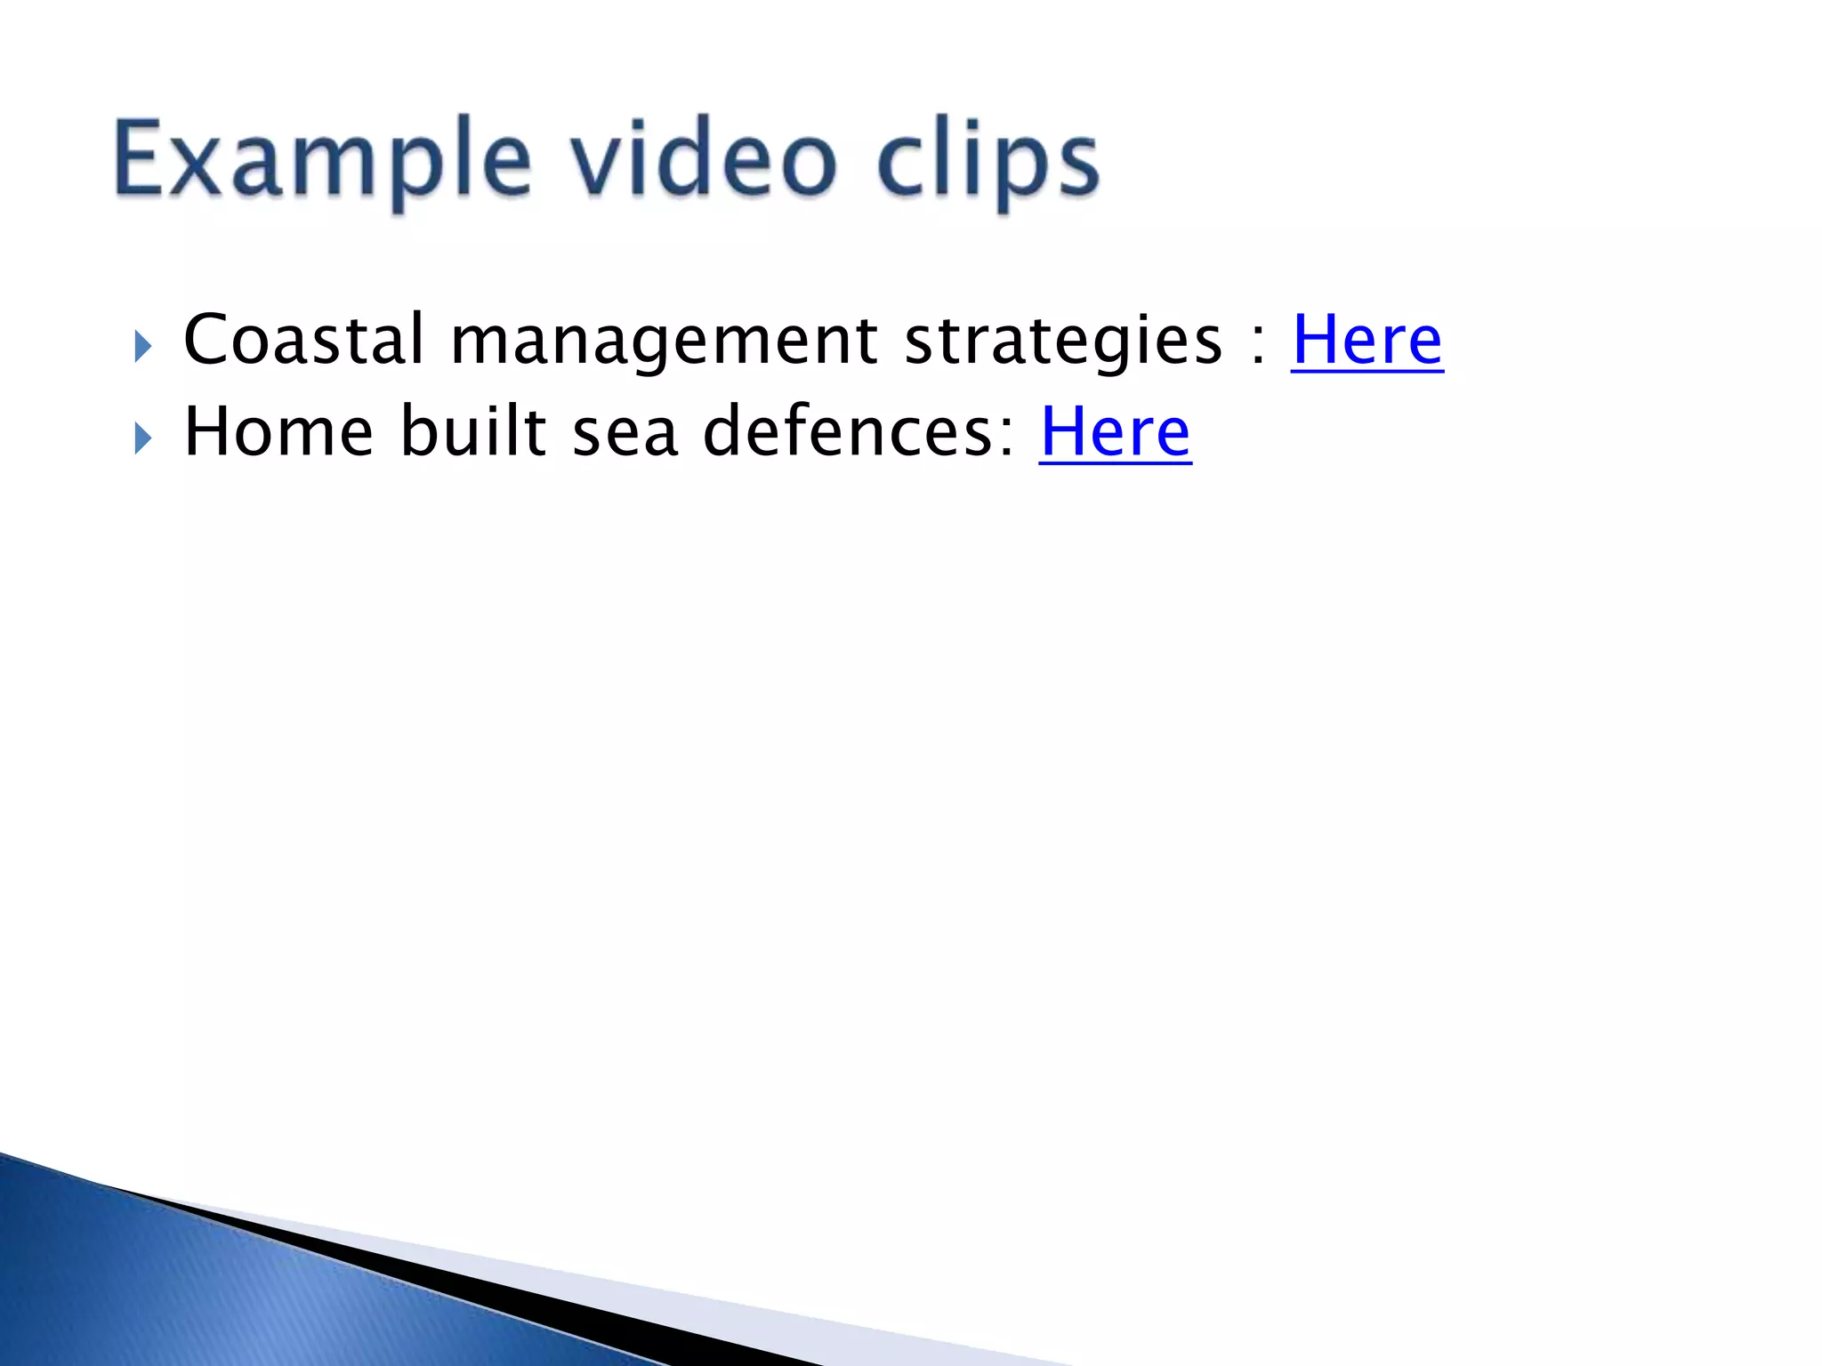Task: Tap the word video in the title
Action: (x=703, y=160)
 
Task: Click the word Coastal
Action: (x=303, y=340)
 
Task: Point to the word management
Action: (x=664, y=341)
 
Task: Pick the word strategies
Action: (x=1063, y=341)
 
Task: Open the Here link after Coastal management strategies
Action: (x=1366, y=340)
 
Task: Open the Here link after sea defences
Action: (x=1115, y=432)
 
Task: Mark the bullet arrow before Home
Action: (x=142, y=438)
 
